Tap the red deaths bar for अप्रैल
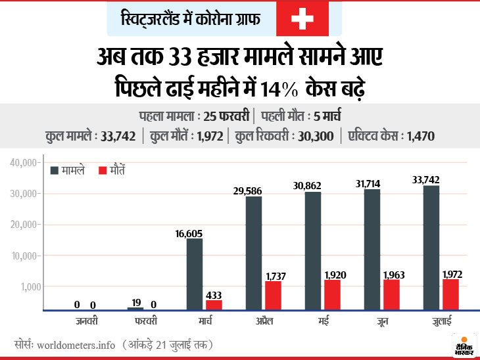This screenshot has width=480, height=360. coord(272,296)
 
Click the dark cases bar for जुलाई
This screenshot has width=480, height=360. coord(431,248)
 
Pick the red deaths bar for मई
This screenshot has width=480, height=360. coord(332,295)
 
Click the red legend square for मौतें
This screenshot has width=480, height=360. coord(103,170)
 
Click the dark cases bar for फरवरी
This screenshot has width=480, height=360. coord(135,309)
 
